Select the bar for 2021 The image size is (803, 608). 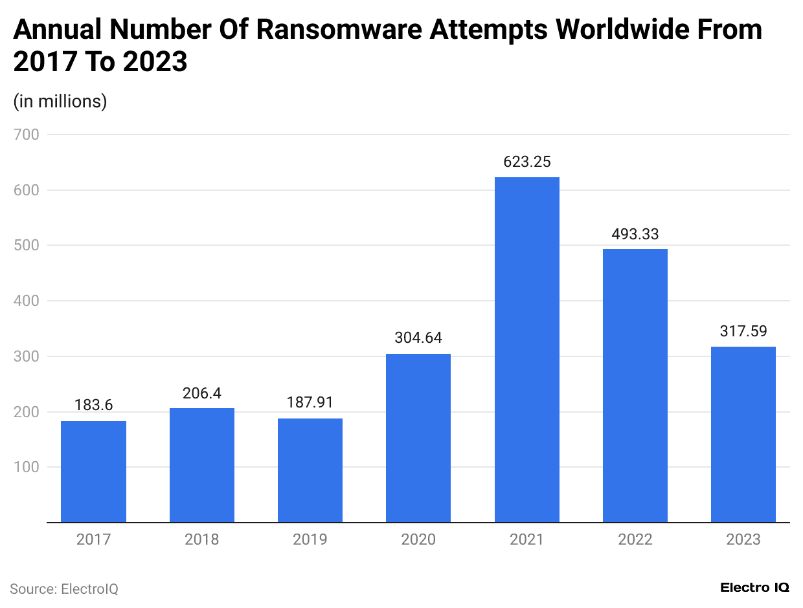(x=526, y=349)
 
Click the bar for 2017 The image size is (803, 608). (x=93, y=472)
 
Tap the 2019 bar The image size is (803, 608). (x=310, y=470)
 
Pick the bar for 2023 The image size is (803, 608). (x=743, y=434)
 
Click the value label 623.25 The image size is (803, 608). (x=526, y=162)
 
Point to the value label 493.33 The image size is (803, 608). (x=635, y=233)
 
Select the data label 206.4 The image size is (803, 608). (x=201, y=393)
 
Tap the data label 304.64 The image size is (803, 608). (x=418, y=338)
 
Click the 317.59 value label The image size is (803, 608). (x=743, y=331)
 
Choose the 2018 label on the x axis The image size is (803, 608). (x=201, y=539)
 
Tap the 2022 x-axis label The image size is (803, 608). (x=635, y=539)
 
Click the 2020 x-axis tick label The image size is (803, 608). (x=418, y=539)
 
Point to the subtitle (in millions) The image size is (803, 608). (x=60, y=102)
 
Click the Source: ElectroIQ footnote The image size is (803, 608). (x=64, y=589)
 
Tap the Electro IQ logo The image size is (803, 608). (x=754, y=587)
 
